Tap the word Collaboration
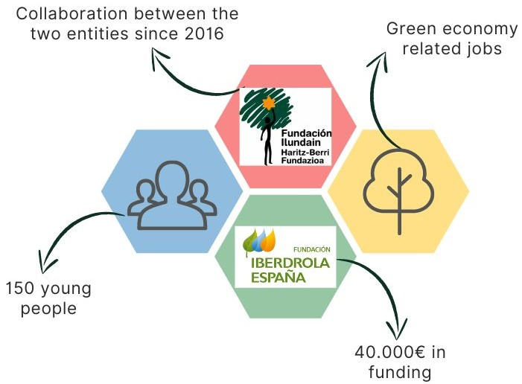point(71,14)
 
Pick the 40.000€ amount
point(390,352)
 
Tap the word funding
point(400,373)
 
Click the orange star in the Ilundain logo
point(268,103)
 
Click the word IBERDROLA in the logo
point(290,263)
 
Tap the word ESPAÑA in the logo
point(278,277)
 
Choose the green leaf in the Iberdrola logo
point(249,242)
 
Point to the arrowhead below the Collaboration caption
point(158,57)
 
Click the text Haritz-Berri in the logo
point(305,152)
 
